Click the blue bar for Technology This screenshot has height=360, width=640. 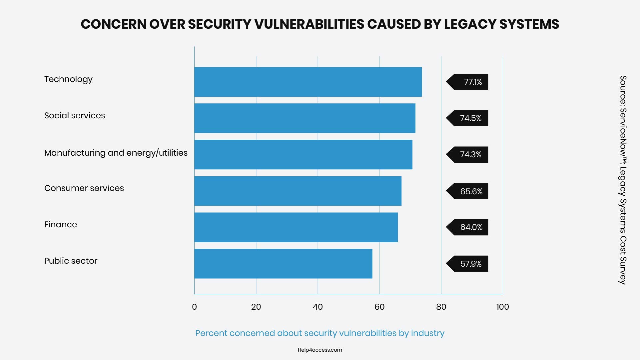click(x=308, y=82)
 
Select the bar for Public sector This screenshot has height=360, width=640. click(x=283, y=264)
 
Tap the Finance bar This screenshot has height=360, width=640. click(x=296, y=227)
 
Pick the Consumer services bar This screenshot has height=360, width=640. click(x=298, y=191)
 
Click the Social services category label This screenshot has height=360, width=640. click(x=75, y=116)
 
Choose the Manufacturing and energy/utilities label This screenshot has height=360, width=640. click(x=116, y=153)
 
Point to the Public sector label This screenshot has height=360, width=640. click(x=71, y=261)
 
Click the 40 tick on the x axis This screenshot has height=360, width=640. click(x=318, y=307)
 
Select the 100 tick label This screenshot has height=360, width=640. click(x=502, y=307)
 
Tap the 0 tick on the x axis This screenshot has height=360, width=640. click(x=194, y=307)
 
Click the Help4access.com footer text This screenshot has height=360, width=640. click(x=320, y=350)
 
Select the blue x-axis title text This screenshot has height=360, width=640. click(x=320, y=333)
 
